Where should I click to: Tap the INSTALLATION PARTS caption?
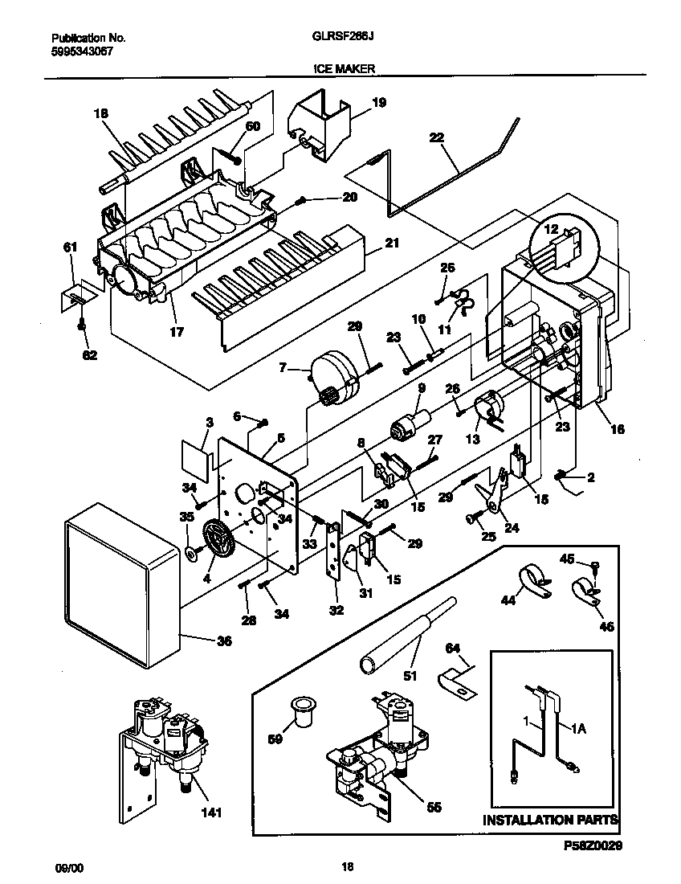(550, 821)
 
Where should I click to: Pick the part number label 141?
(211, 812)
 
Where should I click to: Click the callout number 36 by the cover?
(224, 640)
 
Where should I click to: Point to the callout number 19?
(379, 102)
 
